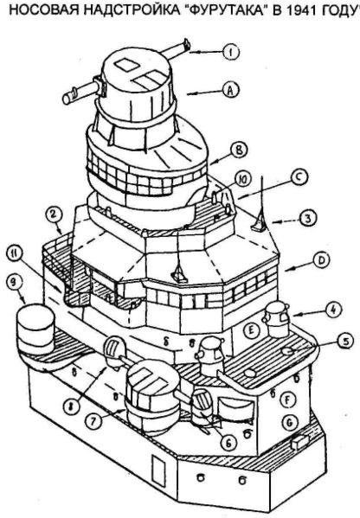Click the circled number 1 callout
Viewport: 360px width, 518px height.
click(231, 52)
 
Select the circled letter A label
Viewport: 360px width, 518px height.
click(231, 89)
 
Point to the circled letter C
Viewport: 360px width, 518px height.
click(299, 177)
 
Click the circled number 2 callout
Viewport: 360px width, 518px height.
click(55, 215)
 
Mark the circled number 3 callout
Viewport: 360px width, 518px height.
click(307, 218)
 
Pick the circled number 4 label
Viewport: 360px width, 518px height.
click(332, 310)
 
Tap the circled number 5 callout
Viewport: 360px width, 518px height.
click(344, 342)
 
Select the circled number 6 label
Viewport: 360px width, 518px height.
click(228, 443)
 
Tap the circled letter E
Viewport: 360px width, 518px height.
click(251, 330)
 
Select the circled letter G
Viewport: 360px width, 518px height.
click(289, 422)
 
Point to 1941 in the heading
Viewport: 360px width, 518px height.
click(303, 11)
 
